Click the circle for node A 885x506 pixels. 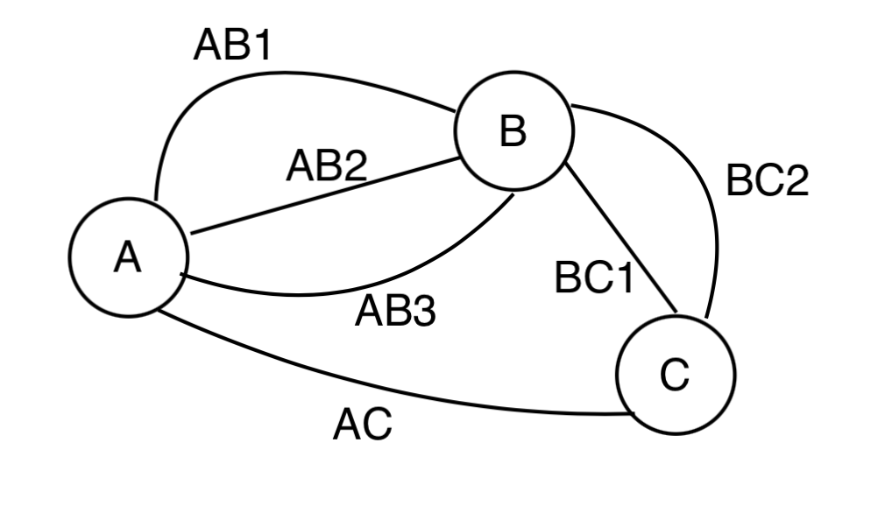click(129, 257)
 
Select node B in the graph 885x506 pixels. click(513, 131)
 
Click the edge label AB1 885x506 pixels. click(232, 46)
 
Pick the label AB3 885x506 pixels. click(395, 311)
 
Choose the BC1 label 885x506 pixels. click(594, 279)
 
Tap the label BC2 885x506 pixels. click(768, 182)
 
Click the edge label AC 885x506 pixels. click(363, 426)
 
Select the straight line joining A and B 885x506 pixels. click(324, 197)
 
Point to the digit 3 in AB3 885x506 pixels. click(422, 311)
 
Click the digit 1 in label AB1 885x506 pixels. click(261, 46)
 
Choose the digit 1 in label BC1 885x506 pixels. click(621, 279)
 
